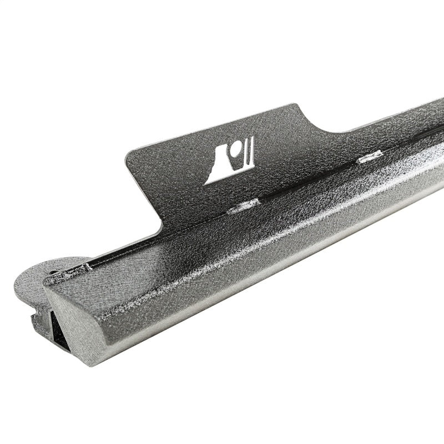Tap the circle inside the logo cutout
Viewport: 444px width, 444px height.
coord(237,148)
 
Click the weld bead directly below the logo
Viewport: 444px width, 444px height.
coord(244,206)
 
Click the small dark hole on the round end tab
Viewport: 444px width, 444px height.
coord(53,273)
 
